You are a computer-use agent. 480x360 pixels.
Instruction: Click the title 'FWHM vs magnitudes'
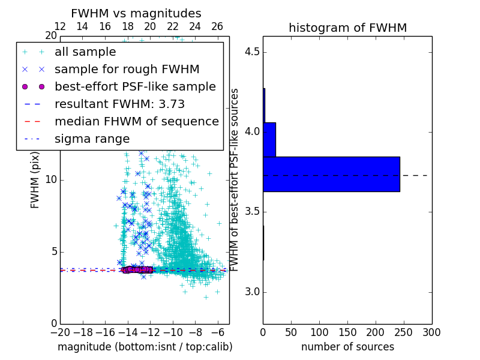click(136, 13)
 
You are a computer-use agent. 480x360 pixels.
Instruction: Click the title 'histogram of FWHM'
click(347, 28)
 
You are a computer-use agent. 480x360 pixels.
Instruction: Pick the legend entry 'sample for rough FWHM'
click(127, 69)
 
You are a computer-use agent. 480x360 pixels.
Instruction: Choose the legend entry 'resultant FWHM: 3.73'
click(118, 104)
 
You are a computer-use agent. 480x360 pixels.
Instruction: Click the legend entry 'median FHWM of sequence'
click(136, 121)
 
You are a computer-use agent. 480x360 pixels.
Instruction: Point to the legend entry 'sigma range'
click(92, 139)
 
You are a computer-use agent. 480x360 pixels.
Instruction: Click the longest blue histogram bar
click(331, 174)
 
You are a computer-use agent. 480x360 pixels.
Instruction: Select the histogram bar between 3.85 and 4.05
click(269, 139)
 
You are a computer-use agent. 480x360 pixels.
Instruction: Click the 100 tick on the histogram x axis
click(319, 332)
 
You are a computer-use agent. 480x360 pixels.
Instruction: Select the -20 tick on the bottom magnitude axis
click(60, 331)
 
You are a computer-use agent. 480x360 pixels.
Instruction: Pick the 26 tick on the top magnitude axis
click(217, 26)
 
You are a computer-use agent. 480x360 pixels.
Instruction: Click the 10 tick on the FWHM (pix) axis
click(50, 180)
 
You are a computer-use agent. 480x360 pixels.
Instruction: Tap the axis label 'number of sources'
click(347, 347)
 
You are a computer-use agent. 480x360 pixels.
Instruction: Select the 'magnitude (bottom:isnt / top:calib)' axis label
click(145, 347)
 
